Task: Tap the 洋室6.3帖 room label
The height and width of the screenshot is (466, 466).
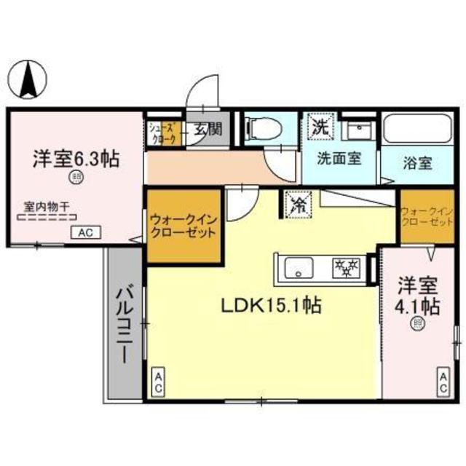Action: coord(76,159)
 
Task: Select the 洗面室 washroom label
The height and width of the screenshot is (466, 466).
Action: coord(339,157)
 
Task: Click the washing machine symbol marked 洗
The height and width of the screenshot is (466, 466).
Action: coord(319,126)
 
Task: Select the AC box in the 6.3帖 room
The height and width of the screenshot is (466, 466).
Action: coord(86,233)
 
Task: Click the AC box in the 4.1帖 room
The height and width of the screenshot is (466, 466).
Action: coord(443,382)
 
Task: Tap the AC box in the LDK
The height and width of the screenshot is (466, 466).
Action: coord(157,382)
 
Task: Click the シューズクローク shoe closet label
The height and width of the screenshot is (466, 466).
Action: coord(161,133)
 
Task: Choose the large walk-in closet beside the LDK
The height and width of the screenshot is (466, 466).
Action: coord(182,226)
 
